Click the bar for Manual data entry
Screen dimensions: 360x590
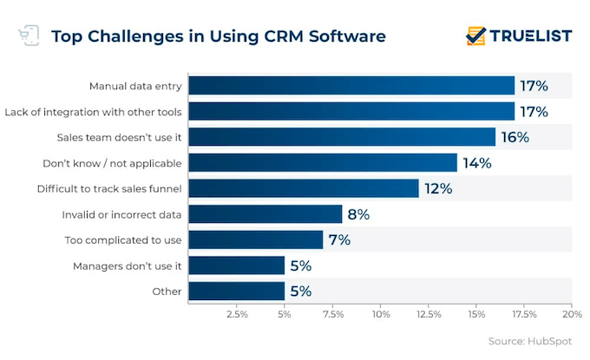pyautogui.click(x=351, y=86)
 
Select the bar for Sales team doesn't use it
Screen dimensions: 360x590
pyautogui.click(x=342, y=137)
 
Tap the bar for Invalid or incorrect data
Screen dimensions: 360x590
pyautogui.click(x=265, y=214)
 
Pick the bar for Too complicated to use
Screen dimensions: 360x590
pyautogui.click(x=256, y=239)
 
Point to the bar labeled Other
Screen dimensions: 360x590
pyautogui.click(x=237, y=291)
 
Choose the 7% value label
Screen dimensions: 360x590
pyautogui.click(x=339, y=239)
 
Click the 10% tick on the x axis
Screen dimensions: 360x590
pyautogui.click(x=380, y=314)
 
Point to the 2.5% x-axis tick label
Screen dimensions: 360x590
pyautogui.click(x=237, y=314)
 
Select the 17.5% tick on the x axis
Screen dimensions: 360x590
pyautogui.click(x=523, y=314)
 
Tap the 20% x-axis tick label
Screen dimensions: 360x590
pyautogui.click(x=571, y=314)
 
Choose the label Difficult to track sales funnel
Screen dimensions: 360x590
pyautogui.click(x=109, y=188)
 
